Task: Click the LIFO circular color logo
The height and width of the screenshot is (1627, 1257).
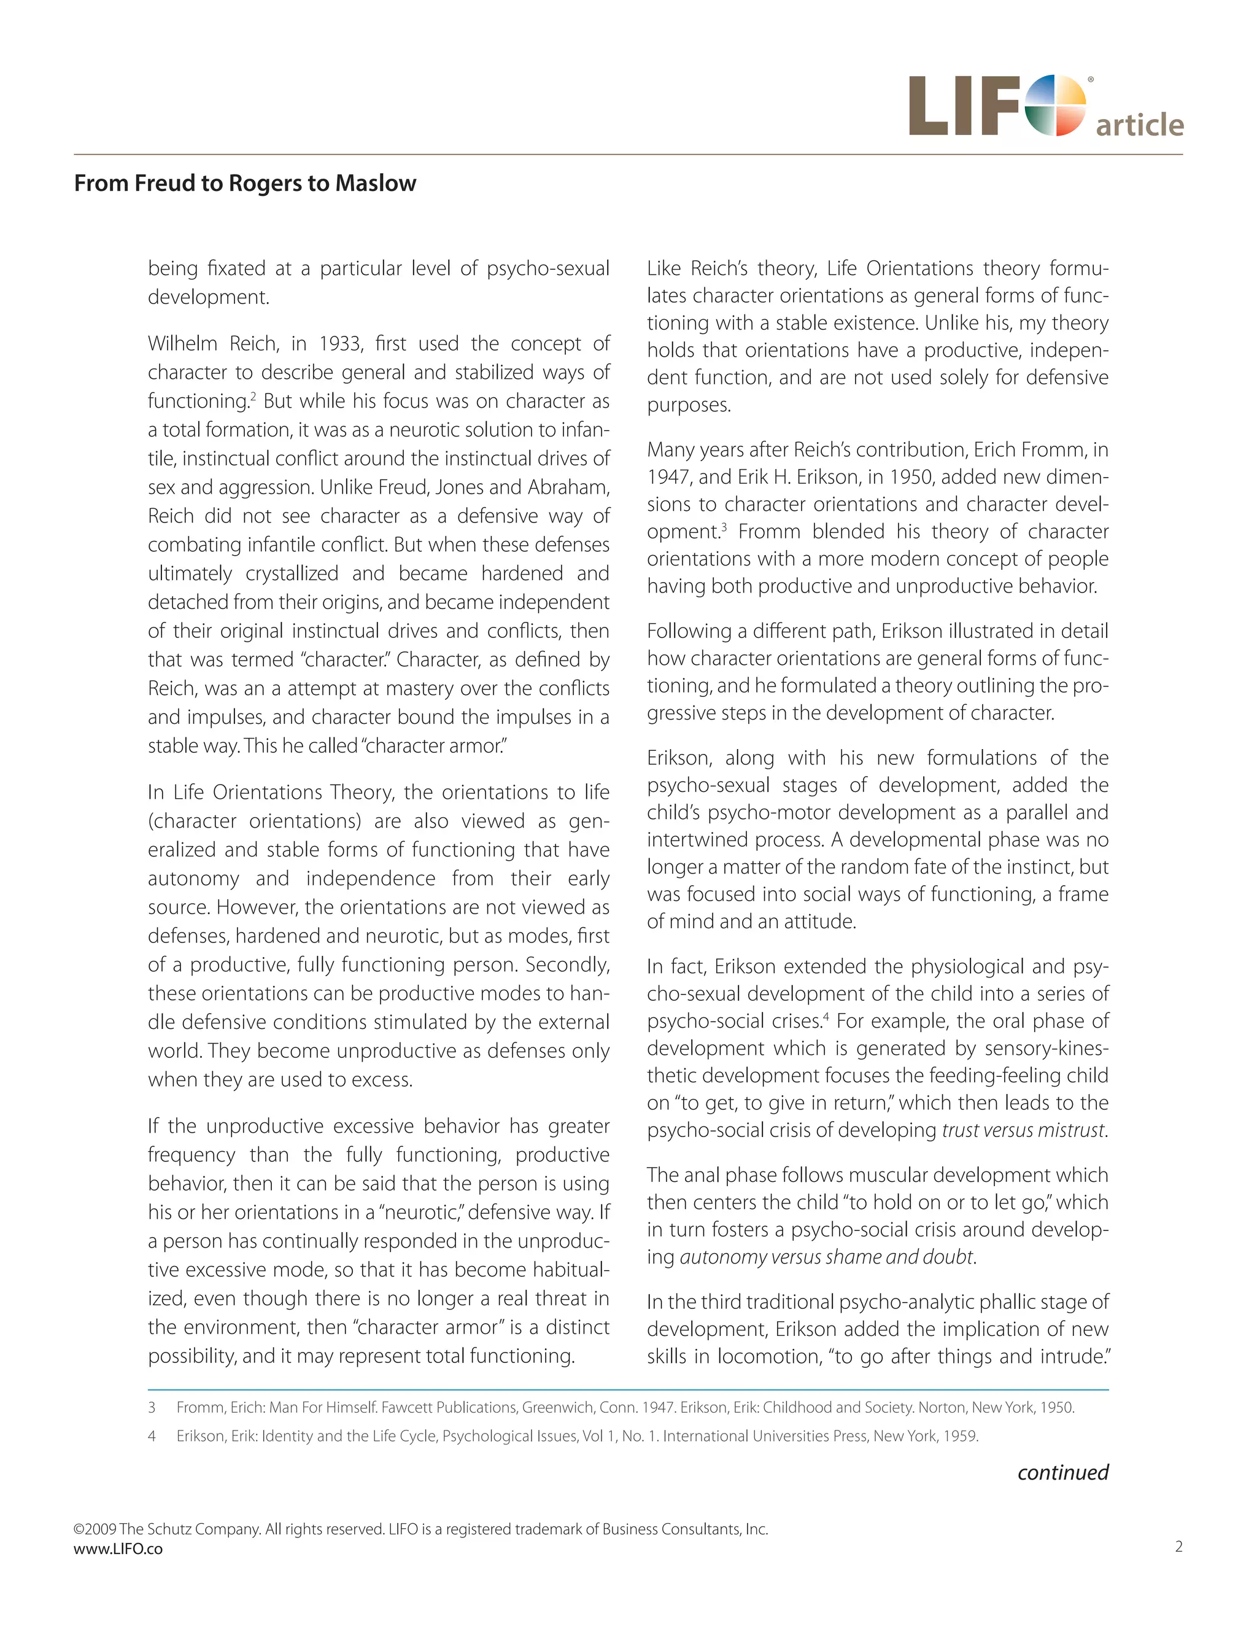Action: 1055,106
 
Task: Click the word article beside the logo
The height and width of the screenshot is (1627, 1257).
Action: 1139,125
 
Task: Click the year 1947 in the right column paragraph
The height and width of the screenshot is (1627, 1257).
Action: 667,477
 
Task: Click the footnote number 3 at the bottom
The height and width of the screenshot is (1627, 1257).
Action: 152,1407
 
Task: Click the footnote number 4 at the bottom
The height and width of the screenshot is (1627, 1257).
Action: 152,1435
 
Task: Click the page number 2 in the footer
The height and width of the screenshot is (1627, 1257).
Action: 1178,1547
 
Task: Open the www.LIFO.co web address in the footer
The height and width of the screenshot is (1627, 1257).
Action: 118,1549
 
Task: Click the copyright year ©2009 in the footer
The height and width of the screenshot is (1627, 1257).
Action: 95,1529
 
